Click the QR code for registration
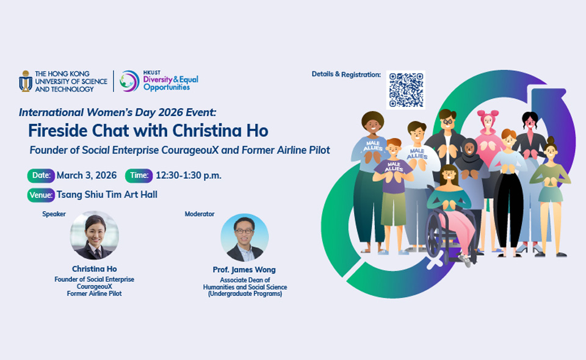point(406,90)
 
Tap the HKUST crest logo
point(26,81)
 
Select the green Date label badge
point(41,176)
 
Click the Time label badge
point(139,176)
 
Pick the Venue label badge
point(41,195)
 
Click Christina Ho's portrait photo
point(94,236)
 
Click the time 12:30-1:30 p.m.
point(188,176)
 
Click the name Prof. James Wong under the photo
point(245,270)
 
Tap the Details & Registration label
point(346,74)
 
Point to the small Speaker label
point(54,214)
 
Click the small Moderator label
point(200,214)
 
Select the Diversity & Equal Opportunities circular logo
point(129,81)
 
